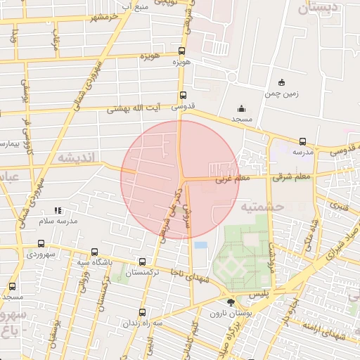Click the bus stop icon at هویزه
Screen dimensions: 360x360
coord(182,51)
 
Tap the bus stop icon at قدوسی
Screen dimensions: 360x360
coord(183,96)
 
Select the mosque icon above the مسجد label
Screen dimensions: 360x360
coord(242,109)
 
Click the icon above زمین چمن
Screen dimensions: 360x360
coord(282,82)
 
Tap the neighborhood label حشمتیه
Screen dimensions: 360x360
coord(261,207)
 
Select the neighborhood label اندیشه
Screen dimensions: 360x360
coord(72,157)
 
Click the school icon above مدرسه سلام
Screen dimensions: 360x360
coord(58,210)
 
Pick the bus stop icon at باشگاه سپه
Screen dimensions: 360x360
coord(94,252)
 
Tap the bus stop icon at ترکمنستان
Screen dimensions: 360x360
coord(143,260)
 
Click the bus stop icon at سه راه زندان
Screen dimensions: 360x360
coord(143,312)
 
